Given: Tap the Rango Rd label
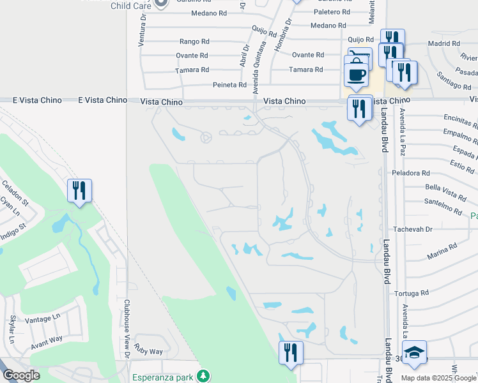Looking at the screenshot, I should pyautogui.click(x=194, y=41).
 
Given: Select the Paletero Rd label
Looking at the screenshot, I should pyautogui.click(x=332, y=12).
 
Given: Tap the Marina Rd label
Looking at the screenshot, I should pyautogui.click(x=442, y=250).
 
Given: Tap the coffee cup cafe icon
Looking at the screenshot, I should pyautogui.click(x=356, y=74).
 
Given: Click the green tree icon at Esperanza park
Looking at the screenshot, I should pyautogui.click(x=203, y=375).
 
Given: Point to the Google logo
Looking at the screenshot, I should pyautogui.click(x=21, y=375).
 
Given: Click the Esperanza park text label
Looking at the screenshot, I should pyautogui.click(x=163, y=377).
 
